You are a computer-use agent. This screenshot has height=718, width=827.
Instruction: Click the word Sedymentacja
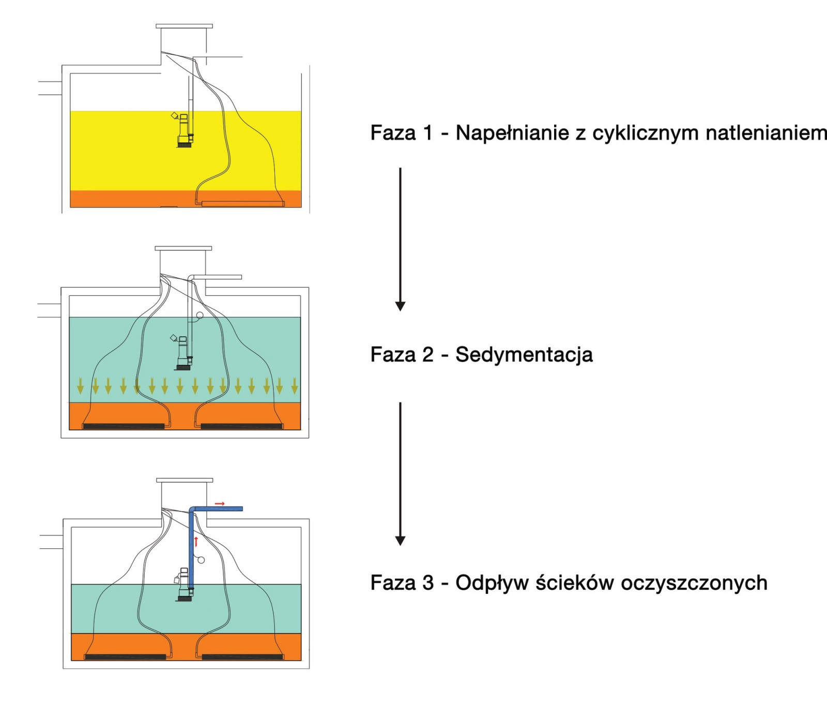pos(524,355)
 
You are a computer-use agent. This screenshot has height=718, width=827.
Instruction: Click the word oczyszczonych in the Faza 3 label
pos(694,583)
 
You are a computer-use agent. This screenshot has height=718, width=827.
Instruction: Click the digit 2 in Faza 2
pos(427,355)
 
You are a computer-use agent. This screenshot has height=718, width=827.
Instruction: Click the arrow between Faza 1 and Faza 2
pos(400,238)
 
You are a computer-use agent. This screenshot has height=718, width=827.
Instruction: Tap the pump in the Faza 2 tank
pos(183,354)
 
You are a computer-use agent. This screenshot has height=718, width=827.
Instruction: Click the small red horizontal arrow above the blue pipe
pos(220,503)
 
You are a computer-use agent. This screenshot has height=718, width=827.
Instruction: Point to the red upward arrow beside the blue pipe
pos(196,542)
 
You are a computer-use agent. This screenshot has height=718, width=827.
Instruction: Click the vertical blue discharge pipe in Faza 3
pos(191,548)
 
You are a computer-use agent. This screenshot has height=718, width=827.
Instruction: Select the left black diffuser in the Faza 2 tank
pos(124,426)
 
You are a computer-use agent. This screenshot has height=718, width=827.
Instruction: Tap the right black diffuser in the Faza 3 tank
pos(242,657)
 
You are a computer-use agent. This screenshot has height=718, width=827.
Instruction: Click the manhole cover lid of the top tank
pos(184,26)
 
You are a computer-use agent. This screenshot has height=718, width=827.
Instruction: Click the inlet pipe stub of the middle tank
pos(50,310)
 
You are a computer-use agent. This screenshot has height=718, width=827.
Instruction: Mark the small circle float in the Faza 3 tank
pos(201,560)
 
